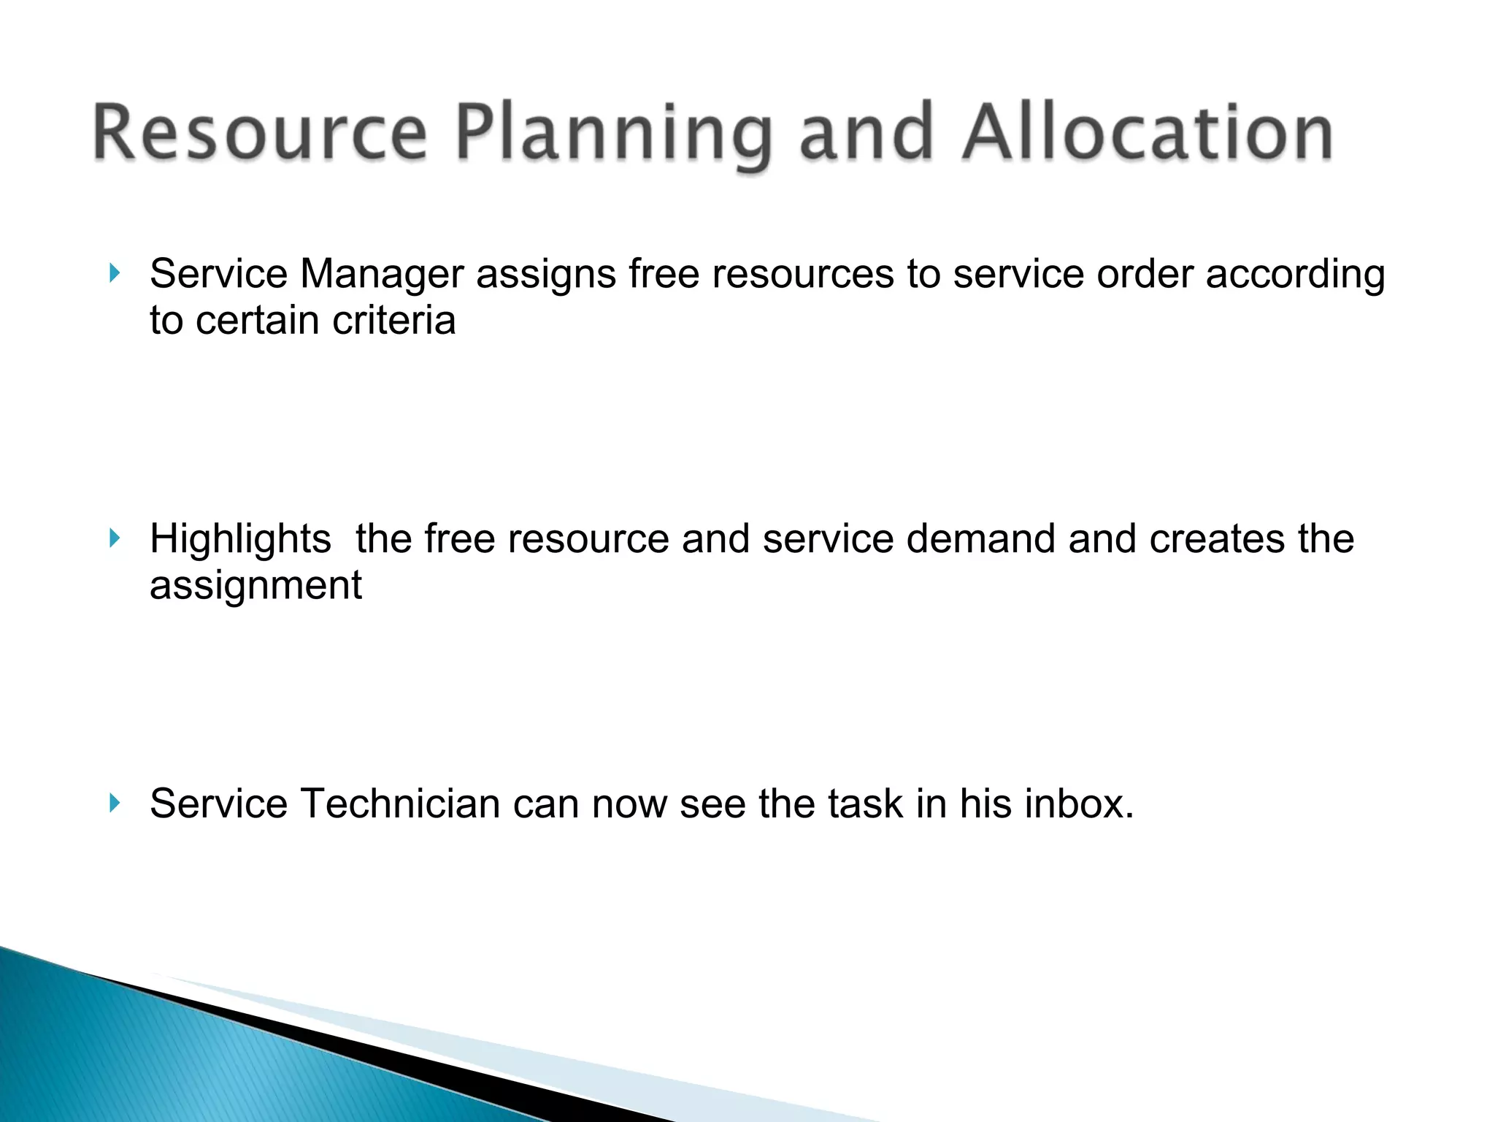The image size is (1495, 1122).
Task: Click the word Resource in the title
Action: pyautogui.click(x=259, y=133)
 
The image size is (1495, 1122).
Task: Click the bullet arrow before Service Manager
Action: pyautogui.click(x=114, y=274)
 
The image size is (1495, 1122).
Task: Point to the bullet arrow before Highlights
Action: pyautogui.click(x=114, y=539)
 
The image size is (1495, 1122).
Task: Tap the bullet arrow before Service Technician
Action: pyautogui.click(x=114, y=804)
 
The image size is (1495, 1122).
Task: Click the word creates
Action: pyautogui.click(x=1216, y=539)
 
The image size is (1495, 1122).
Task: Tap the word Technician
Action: pyautogui.click(x=399, y=804)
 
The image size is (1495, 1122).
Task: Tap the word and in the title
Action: pyautogui.click(x=866, y=133)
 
